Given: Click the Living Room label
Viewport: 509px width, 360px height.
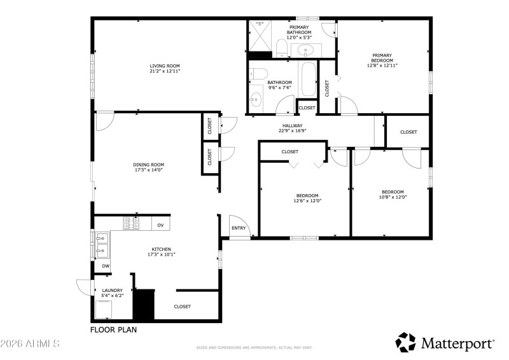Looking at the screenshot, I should click(165, 66).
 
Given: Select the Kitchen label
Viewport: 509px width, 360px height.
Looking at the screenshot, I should click(160, 249).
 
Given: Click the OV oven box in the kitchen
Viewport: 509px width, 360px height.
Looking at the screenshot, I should click(160, 225).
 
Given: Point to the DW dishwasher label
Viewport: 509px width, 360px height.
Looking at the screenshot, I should click(105, 267).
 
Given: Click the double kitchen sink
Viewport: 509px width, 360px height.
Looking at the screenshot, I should click(102, 244).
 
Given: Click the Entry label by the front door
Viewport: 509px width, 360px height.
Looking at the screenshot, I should click(239, 228).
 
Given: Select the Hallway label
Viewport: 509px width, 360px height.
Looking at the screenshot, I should click(293, 126).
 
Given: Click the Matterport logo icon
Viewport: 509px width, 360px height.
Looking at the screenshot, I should click(405, 342).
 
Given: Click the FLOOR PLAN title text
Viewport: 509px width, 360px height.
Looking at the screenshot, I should click(113, 330).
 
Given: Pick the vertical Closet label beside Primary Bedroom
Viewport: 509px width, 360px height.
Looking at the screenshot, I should click(327, 87).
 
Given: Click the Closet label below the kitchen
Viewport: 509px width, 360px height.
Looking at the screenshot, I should click(183, 307).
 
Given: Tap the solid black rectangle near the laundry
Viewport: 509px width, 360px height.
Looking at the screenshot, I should click(144, 305).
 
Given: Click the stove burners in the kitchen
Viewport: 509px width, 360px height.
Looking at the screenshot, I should click(131, 223).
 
